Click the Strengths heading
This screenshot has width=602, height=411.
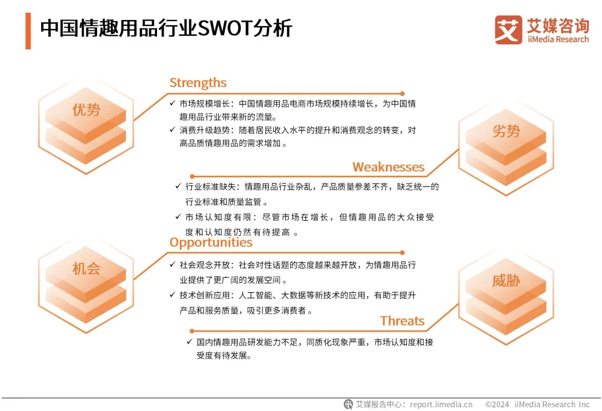pyautogui.click(x=198, y=83)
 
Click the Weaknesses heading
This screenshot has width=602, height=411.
pyautogui.click(x=388, y=167)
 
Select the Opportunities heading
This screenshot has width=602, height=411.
pyautogui.click(x=211, y=243)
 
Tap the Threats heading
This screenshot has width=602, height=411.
pyautogui.click(x=402, y=321)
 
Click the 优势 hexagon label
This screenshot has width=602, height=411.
pyautogui.click(x=87, y=110)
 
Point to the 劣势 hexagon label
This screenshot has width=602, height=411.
pyautogui.click(x=506, y=131)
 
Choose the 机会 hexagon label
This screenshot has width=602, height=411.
pyautogui.click(x=87, y=268)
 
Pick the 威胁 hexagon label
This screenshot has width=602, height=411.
pyautogui.click(x=506, y=281)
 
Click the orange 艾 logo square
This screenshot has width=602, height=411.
pyautogui.click(x=508, y=30)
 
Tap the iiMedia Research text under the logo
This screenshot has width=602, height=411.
pyautogui.click(x=558, y=39)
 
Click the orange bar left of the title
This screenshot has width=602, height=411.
pyautogui.click(x=28, y=31)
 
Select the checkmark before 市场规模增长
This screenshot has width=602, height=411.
pyautogui.click(x=173, y=103)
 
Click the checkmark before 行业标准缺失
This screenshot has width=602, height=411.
pyautogui.click(x=178, y=186)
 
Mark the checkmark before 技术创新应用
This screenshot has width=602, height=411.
pyautogui.click(x=173, y=295)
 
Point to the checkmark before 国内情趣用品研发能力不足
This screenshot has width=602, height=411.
pyautogui.click(x=189, y=342)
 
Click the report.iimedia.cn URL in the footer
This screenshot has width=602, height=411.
pyautogui.click(x=441, y=404)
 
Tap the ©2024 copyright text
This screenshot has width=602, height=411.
pyautogui.click(x=497, y=404)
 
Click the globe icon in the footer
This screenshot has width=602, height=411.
pyautogui.click(x=348, y=404)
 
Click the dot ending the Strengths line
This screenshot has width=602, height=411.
pyautogui.click(x=402, y=94)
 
